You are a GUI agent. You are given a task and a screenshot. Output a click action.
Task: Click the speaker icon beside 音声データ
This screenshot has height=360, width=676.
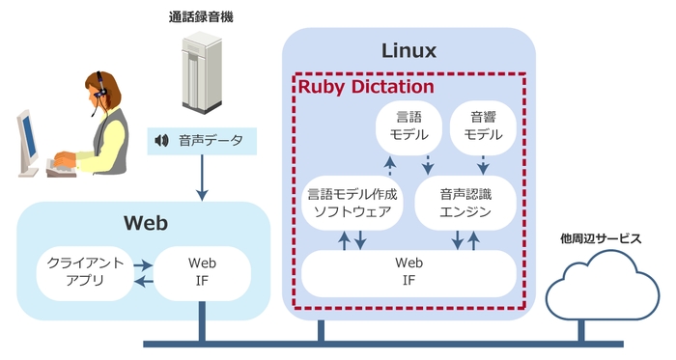click(x=161, y=142)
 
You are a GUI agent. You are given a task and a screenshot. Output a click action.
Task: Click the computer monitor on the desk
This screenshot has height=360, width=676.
click(x=28, y=140)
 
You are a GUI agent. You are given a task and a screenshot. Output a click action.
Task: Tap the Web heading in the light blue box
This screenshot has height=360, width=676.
click(x=145, y=224)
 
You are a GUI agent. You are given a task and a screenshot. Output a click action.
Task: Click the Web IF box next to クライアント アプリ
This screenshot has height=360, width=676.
click(x=201, y=271)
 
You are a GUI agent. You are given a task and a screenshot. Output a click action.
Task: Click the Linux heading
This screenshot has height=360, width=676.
click(x=409, y=50)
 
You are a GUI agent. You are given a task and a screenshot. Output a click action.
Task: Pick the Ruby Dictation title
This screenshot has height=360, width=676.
click(x=365, y=86)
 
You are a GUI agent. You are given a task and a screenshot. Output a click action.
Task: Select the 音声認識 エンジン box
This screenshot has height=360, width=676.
click(x=464, y=203)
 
